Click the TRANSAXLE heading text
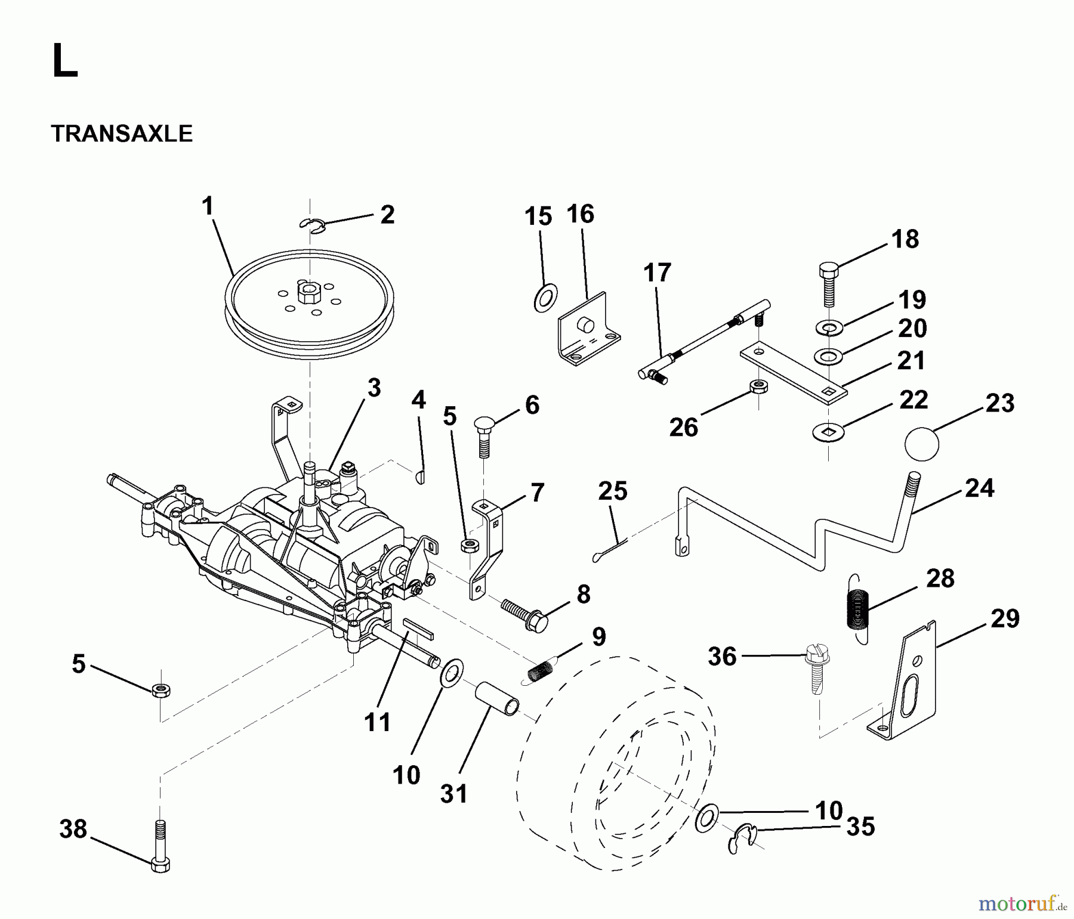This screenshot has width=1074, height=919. [122, 134]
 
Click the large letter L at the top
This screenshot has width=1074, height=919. [64, 62]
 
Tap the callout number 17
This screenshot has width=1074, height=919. [657, 273]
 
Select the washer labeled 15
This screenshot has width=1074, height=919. [545, 298]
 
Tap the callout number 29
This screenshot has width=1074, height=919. [1005, 618]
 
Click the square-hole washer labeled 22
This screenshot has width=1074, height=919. [828, 431]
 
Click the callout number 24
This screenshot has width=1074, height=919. [979, 488]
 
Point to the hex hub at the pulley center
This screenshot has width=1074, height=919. [309, 294]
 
